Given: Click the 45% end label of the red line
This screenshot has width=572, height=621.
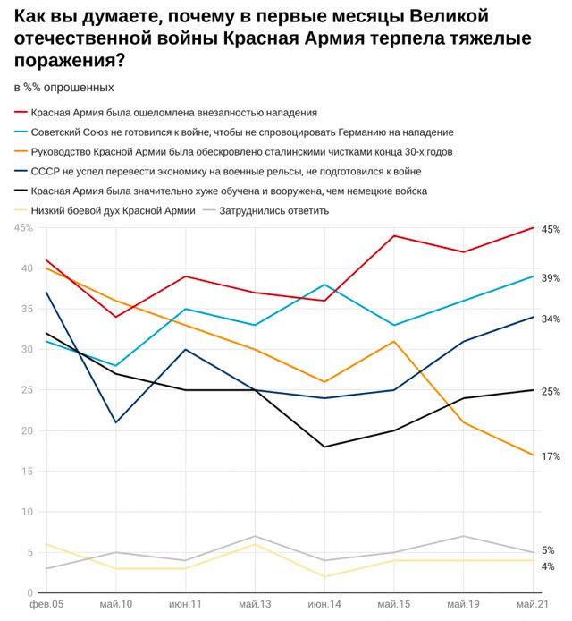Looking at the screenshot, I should (551, 229).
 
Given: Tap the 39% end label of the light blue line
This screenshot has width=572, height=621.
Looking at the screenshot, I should (551, 278).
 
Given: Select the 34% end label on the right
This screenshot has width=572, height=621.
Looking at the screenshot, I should (551, 319).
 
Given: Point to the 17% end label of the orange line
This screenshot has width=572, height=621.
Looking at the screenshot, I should (551, 456).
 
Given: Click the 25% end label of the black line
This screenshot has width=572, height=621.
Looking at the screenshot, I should (551, 391).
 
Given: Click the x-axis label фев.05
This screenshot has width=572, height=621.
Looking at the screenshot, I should (46, 605).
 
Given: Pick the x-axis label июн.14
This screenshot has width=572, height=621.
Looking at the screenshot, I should (324, 605).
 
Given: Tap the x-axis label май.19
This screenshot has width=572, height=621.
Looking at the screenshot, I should (463, 605).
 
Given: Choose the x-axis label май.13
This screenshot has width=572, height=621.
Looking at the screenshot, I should (255, 605).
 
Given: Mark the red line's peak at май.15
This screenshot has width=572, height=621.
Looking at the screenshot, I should (394, 235).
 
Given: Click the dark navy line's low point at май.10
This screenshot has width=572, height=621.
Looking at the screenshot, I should (116, 422).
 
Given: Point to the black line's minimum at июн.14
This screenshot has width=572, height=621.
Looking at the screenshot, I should (324, 447).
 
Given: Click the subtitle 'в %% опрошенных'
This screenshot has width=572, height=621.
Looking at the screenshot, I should (63, 88).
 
